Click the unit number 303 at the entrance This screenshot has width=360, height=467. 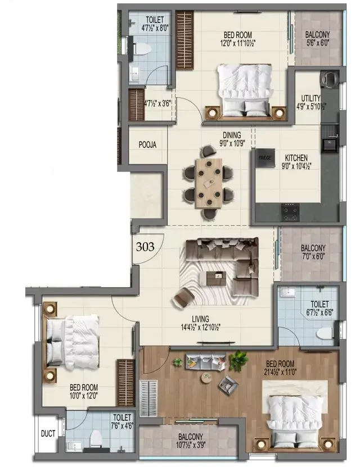[145, 247]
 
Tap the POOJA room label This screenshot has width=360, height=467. [147, 145]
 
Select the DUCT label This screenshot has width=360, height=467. [48, 434]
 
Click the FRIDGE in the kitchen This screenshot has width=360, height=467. [265, 158]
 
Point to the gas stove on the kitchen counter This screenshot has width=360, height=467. [290, 212]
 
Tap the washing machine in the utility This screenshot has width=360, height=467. [330, 79]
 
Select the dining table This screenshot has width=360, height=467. [209, 183]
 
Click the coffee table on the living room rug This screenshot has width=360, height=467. [216, 278]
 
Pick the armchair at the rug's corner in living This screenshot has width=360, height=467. [183, 298]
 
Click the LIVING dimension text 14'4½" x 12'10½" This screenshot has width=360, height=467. [201, 328]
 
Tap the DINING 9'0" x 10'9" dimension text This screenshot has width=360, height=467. [232, 143]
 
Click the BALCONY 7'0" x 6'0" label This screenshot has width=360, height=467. [313, 252]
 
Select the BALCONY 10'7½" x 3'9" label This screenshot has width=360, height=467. [191, 441]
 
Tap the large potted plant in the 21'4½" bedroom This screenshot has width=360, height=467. [238, 360]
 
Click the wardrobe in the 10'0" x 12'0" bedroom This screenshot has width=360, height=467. [125, 383]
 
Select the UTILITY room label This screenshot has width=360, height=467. [311, 98]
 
